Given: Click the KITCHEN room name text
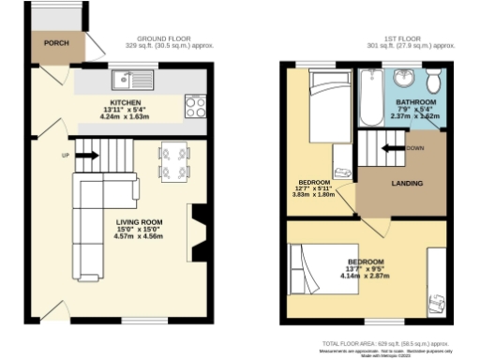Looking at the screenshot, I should click(x=126, y=102).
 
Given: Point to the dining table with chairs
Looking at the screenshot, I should click(x=173, y=160).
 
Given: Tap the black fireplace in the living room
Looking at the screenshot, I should click(x=199, y=232).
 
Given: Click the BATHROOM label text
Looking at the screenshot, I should click(x=414, y=101).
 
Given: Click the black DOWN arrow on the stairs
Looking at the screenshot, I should click(x=390, y=148).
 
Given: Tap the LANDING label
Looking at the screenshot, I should click(x=406, y=183).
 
